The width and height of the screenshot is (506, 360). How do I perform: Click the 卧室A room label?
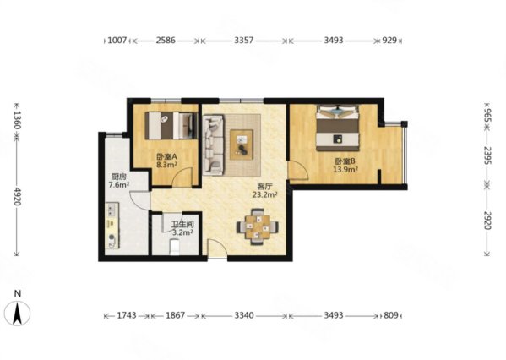(166, 157)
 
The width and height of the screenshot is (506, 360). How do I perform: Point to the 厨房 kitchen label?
(118, 177)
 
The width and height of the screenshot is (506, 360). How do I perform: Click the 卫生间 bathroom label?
(182, 224)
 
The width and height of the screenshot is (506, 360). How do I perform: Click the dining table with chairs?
(258, 227)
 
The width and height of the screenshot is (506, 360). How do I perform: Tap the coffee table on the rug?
(242, 145)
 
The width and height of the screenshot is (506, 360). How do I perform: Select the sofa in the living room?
(213, 145)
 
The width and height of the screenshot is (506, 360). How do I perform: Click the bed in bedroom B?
(338, 128)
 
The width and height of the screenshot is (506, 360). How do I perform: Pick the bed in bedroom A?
(171, 126)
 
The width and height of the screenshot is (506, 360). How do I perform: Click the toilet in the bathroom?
(174, 247)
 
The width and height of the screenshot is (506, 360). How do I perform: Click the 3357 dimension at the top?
(243, 41)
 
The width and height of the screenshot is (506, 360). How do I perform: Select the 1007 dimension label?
(117, 41)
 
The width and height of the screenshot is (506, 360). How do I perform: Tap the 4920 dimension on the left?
(18, 196)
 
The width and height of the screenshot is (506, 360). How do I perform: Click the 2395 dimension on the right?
(487, 155)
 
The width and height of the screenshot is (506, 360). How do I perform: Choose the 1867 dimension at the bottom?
(175, 315)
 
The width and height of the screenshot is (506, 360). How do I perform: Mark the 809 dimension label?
(391, 315)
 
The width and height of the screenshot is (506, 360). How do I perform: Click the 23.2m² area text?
(265, 194)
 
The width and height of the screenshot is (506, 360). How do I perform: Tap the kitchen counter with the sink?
(112, 226)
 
